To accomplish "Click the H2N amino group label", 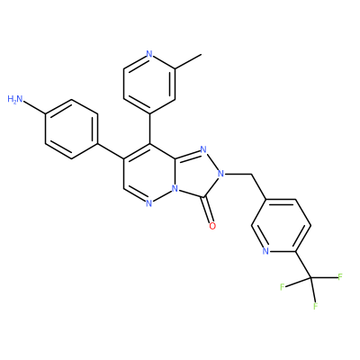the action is click(x=15, y=99).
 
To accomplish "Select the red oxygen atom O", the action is click(x=212, y=226).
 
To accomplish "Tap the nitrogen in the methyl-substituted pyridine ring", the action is click(x=149, y=54).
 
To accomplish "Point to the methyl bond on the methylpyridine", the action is click(x=188, y=62).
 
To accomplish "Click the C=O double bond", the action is click(x=209, y=210).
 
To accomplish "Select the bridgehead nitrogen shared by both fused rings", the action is click(x=175, y=189).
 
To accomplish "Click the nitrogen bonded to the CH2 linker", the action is click(x=221, y=174).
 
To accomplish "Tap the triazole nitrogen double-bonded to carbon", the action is click(x=203, y=149).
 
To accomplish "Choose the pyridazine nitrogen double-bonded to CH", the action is click(x=149, y=203).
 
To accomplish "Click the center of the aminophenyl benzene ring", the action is click(x=71, y=130).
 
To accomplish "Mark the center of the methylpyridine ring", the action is click(x=149, y=84).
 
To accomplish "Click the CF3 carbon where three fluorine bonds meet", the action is click(x=310, y=279).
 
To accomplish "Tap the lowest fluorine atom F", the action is click(x=315, y=306).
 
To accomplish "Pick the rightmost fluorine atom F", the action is click(x=340, y=276).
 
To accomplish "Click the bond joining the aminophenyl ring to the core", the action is click(x=111, y=151).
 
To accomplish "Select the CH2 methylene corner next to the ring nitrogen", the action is click(x=250, y=174).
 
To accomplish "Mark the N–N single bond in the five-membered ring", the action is click(x=212, y=161).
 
